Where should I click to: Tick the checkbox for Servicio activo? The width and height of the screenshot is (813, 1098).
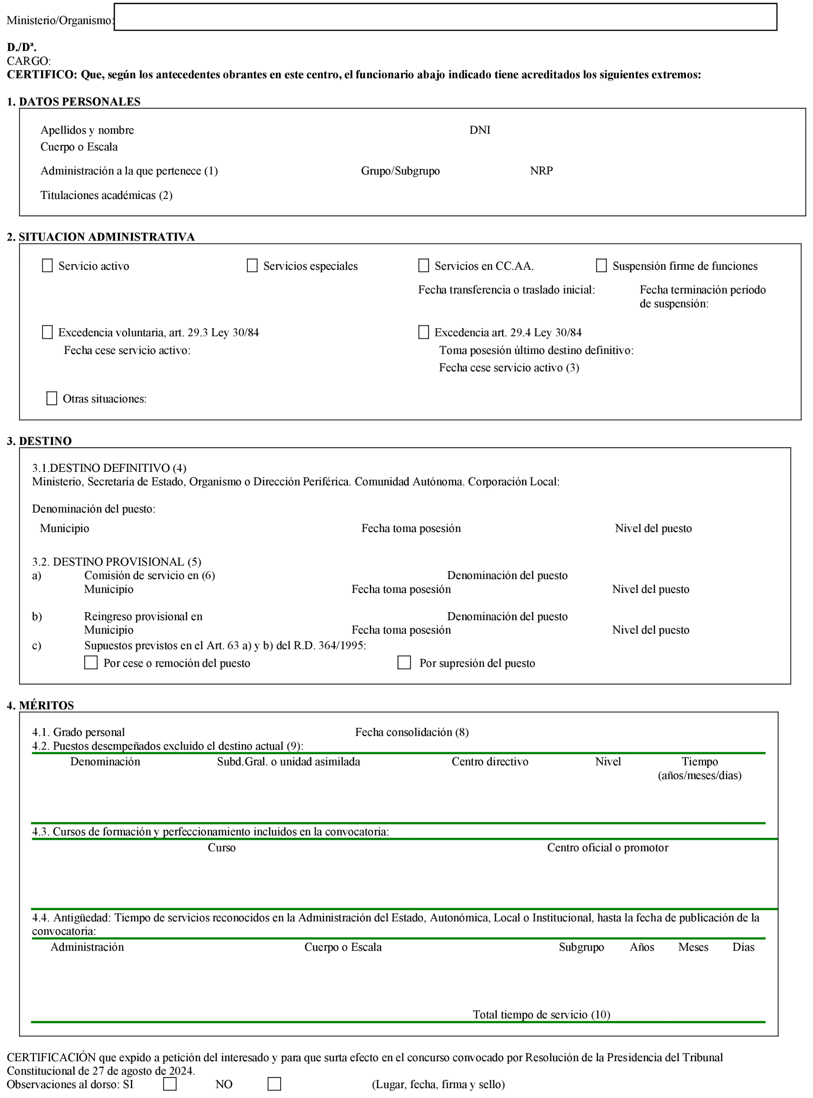click(x=47, y=266)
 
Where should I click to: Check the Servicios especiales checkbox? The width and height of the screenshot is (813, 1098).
click(x=252, y=266)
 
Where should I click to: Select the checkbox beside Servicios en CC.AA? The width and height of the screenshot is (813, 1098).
click(x=423, y=266)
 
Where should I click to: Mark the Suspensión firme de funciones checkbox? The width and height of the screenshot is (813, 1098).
click(x=601, y=266)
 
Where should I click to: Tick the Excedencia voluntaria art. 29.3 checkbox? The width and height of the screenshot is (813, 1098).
click(x=47, y=332)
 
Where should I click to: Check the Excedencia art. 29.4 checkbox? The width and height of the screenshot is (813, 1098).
click(x=423, y=332)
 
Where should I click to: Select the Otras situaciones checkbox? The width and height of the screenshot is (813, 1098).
click(x=52, y=398)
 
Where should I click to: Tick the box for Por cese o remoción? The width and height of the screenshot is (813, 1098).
click(x=91, y=663)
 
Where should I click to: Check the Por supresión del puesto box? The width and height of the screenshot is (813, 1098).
click(x=404, y=663)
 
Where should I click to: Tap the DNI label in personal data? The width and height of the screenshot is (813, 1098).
click(x=480, y=130)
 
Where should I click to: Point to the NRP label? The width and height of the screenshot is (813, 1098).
click(x=541, y=171)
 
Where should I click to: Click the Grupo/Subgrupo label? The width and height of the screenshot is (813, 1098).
click(x=400, y=171)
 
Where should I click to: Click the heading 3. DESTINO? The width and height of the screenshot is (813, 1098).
click(x=40, y=441)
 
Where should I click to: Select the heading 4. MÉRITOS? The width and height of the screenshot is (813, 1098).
click(x=40, y=705)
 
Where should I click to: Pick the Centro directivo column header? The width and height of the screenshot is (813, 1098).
click(x=490, y=762)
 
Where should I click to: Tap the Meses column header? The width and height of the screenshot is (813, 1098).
click(x=693, y=947)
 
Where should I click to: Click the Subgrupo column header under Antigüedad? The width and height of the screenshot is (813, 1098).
click(x=581, y=947)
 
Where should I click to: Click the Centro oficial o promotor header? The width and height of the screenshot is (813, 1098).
click(x=607, y=848)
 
